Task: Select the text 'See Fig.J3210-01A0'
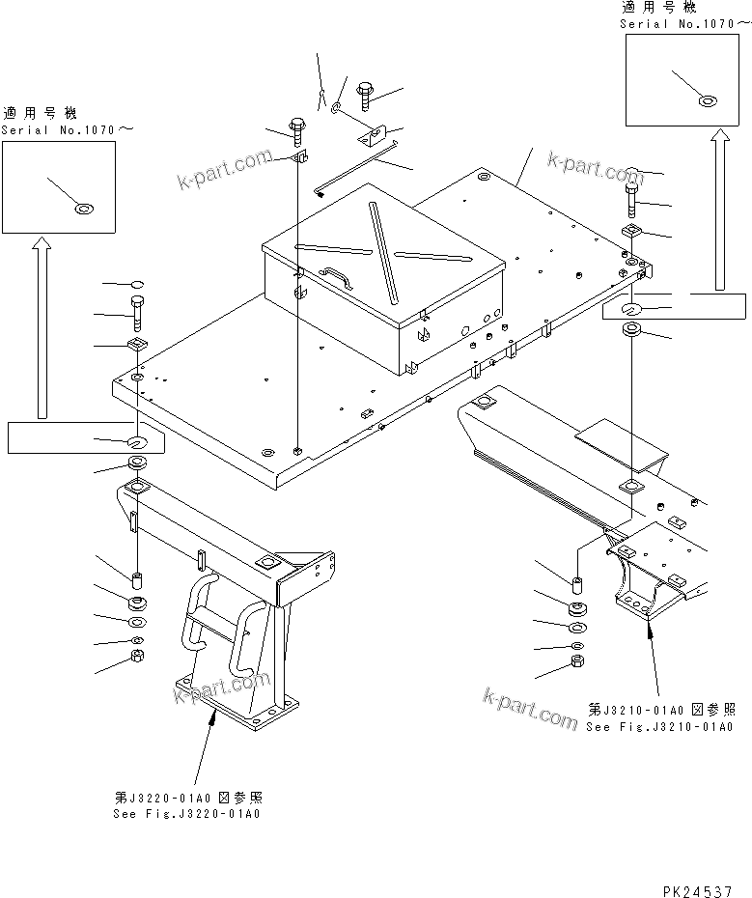click(x=659, y=727)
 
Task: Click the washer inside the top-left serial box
click(x=84, y=207)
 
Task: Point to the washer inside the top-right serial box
click(x=708, y=99)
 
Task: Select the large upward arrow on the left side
click(x=41, y=328)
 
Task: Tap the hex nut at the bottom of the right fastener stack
click(x=577, y=662)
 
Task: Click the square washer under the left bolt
click(x=137, y=347)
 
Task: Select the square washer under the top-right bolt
click(x=633, y=230)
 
